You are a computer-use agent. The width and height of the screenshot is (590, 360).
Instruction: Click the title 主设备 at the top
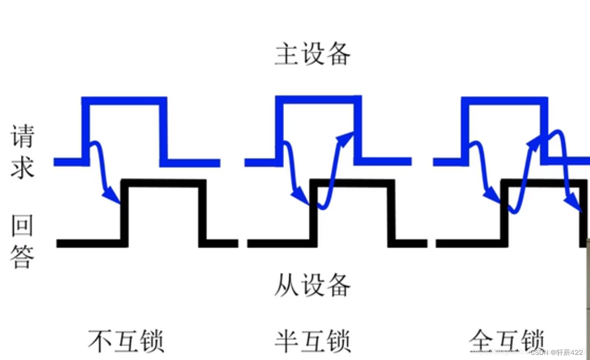click(x=312, y=55)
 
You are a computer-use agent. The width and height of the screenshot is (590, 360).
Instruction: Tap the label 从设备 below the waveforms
click(x=312, y=285)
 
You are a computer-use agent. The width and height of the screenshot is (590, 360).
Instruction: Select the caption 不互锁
click(x=126, y=340)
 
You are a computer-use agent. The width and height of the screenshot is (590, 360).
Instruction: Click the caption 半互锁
click(x=312, y=340)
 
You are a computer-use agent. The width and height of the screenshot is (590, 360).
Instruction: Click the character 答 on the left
click(x=22, y=256)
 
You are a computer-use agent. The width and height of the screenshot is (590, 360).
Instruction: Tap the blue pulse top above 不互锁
click(x=124, y=101)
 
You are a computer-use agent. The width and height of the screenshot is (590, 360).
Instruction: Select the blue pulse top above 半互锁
click(x=318, y=100)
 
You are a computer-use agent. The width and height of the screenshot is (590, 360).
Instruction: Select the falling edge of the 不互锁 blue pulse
click(x=163, y=131)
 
